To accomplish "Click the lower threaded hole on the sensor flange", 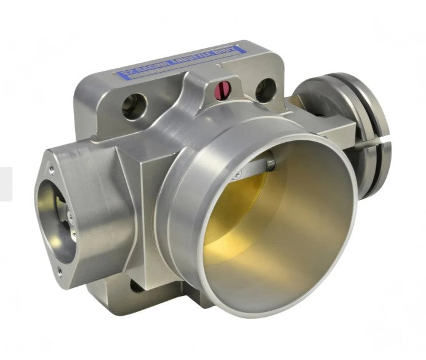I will [60, 269].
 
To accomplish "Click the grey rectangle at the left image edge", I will [6, 183].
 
